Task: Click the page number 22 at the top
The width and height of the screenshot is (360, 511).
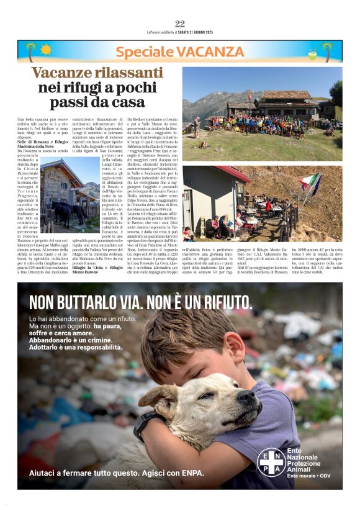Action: click(x=179, y=24)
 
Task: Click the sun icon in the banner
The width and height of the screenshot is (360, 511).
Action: click(x=45, y=49)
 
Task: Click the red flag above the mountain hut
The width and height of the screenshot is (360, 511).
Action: click(x=268, y=95)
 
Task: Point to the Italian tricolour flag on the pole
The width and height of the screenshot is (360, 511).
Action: click(x=312, y=182)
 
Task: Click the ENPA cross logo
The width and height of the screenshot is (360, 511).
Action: click(x=270, y=460)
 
